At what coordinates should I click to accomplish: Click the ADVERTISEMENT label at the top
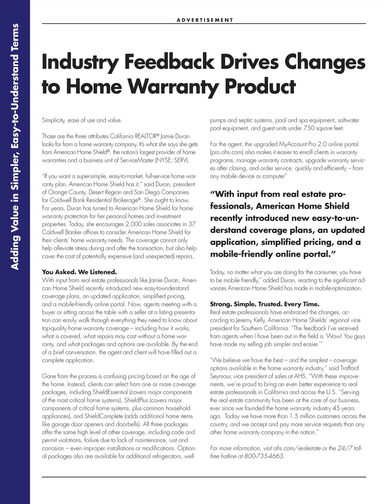pyautogui.click(x=205, y=20)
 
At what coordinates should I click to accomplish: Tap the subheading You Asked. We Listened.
pyautogui.click(x=79, y=272)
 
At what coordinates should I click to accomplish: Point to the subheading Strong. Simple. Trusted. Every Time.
pyautogui.click(x=265, y=304)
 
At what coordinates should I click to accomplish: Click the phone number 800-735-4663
pyautogui.click(x=264, y=456)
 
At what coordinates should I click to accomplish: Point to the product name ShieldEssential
pyautogui.click(x=108, y=392)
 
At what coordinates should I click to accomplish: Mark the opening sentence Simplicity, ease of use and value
pyautogui.click(x=82, y=120)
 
